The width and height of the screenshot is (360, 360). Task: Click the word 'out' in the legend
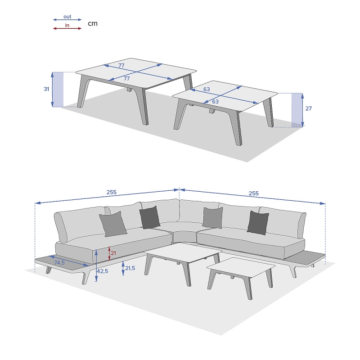point(67,17)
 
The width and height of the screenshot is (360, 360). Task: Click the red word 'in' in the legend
point(67,25)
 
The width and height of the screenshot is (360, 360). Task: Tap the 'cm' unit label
point(93,23)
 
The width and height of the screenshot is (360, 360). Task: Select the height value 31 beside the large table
point(46,89)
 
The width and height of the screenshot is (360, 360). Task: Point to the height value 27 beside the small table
point(308,108)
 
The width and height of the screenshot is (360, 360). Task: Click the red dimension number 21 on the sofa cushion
point(113,253)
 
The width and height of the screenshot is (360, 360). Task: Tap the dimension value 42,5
point(103,271)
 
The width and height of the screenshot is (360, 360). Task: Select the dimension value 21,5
point(130,268)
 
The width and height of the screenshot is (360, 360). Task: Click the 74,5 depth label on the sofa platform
point(59,262)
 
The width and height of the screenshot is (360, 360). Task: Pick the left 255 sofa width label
point(112,192)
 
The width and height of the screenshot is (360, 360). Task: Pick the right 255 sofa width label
point(254,193)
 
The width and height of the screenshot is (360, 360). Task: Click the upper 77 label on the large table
point(121,66)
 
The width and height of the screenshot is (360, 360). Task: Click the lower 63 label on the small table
point(215,102)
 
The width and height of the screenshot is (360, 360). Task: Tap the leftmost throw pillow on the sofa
point(113,224)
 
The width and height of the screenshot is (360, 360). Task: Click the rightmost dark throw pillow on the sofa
point(258,223)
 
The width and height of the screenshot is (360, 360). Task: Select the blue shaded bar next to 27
point(297,110)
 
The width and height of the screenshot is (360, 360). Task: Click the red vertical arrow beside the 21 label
point(109,253)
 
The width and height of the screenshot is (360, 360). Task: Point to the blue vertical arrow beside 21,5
point(123,268)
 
